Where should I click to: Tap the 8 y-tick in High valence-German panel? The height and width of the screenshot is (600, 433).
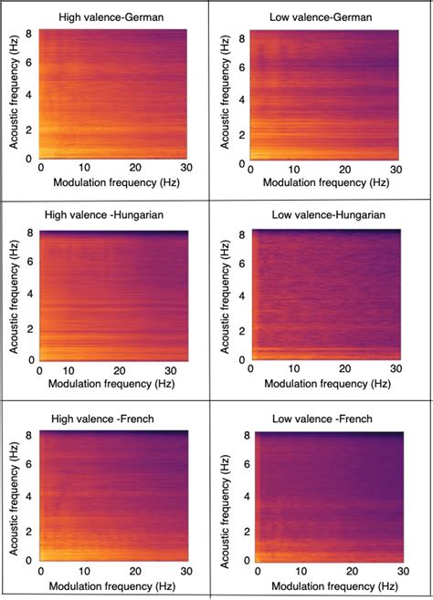click(x=28, y=33)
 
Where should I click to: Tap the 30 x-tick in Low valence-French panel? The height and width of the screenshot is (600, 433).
click(x=399, y=571)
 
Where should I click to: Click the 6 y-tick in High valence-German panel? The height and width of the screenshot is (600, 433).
click(x=28, y=64)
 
